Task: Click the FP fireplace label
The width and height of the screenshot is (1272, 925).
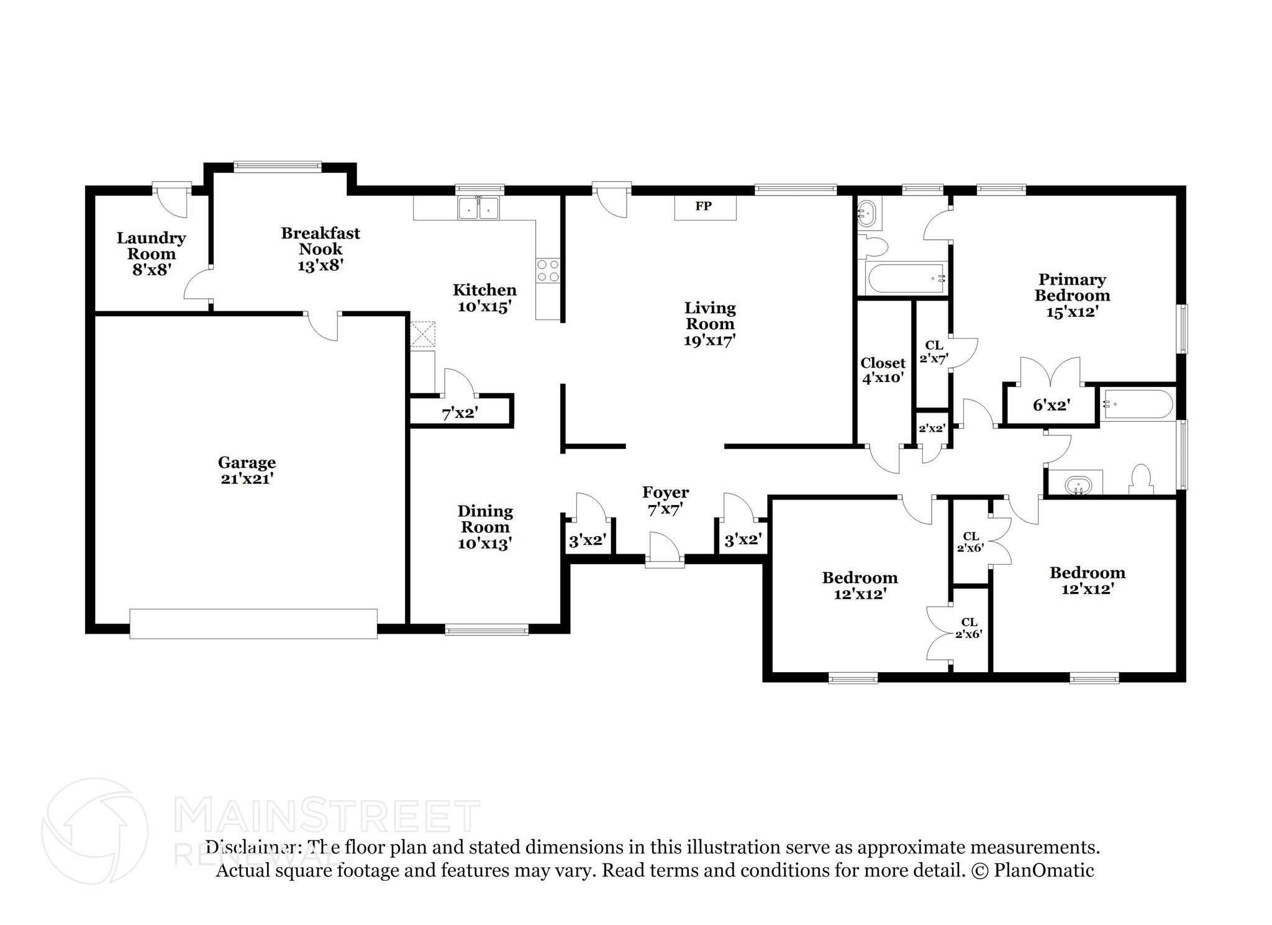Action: pos(703,206)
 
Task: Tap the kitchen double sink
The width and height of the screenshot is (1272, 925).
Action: pos(478,209)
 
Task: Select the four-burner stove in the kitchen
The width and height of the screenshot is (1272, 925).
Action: pos(548,271)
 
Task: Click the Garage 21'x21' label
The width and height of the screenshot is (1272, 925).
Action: pos(247,470)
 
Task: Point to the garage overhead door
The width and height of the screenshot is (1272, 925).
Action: pos(253,623)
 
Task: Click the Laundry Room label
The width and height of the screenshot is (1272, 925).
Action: pos(151,246)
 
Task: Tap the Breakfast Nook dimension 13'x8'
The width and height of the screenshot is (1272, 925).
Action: pos(320,265)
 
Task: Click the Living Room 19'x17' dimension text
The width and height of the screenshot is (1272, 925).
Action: pos(709,340)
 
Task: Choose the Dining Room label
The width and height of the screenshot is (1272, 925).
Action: pos(485,519)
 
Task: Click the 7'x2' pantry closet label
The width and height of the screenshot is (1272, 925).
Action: pos(460,412)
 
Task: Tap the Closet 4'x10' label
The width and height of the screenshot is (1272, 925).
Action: pos(883,370)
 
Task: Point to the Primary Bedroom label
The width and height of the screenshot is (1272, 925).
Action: pos(1072,287)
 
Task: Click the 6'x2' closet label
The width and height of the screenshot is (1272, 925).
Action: pos(1051,406)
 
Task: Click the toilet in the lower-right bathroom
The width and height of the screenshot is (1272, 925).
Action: pos(1142,480)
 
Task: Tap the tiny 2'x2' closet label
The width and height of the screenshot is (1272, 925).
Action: pos(932,428)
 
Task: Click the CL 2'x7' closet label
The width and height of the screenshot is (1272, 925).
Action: pos(934,351)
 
